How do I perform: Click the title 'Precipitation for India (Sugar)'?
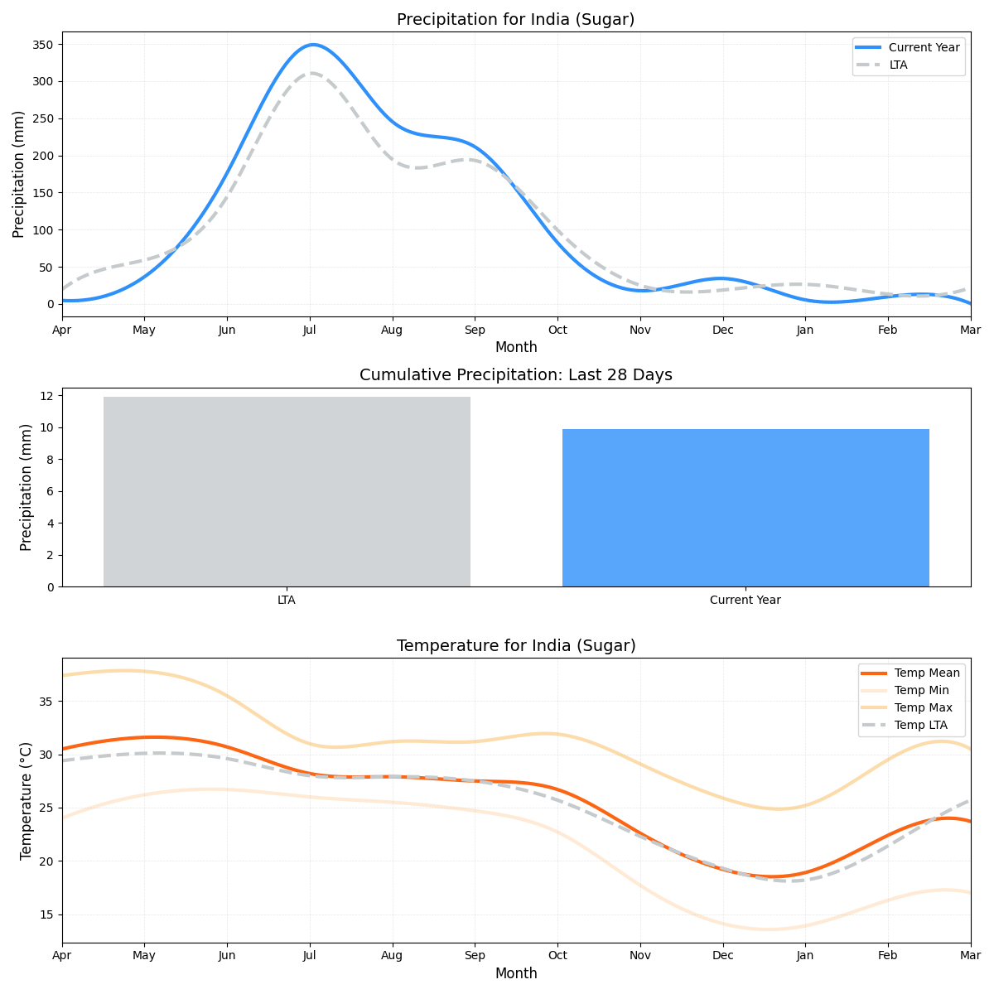point(515,20)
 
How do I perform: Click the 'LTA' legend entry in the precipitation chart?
point(898,65)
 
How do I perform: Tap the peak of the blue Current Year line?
point(312,45)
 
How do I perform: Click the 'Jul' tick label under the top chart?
point(310,331)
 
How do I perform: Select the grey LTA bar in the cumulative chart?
point(287,491)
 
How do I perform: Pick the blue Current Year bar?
point(745,507)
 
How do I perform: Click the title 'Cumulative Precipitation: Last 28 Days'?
point(515,375)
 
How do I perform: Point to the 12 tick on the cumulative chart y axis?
point(47,396)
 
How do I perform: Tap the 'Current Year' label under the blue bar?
point(745,601)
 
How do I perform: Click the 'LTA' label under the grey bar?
point(287,601)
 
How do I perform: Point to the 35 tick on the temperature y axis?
point(47,702)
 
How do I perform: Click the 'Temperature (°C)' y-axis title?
point(27,800)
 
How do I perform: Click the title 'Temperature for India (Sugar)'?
point(515,646)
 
